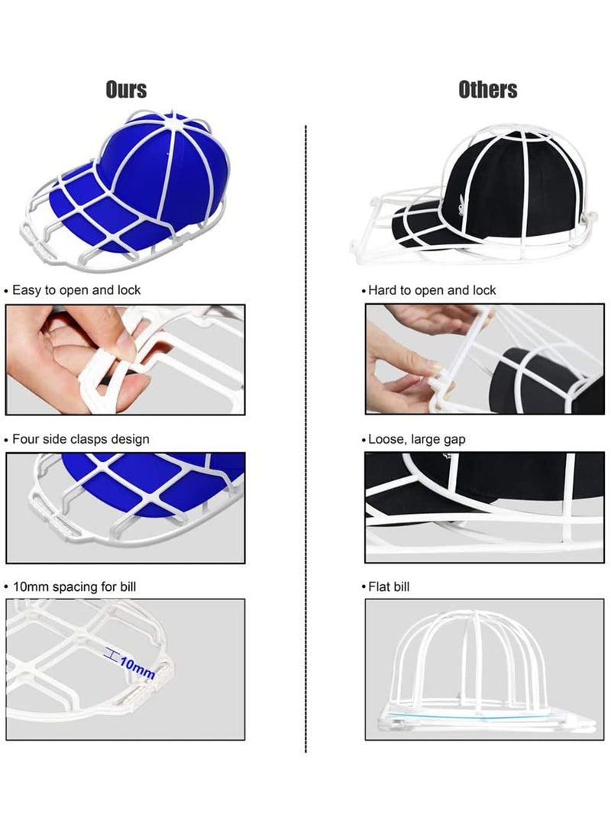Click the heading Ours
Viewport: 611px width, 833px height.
(x=126, y=89)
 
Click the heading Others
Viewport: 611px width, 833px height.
(x=487, y=89)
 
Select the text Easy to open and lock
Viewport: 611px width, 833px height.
(x=76, y=290)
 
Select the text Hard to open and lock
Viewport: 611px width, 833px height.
(x=432, y=290)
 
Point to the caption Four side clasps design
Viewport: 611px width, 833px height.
(x=80, y=439)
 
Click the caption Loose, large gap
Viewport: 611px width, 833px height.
(x=416, y=439)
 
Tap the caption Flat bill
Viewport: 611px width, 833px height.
(x=389, y=586)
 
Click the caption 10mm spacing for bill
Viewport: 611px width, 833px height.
(x=74, y=586)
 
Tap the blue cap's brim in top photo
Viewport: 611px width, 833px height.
(x=84, y=214)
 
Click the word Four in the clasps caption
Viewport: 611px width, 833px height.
(x=25, y=439)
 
